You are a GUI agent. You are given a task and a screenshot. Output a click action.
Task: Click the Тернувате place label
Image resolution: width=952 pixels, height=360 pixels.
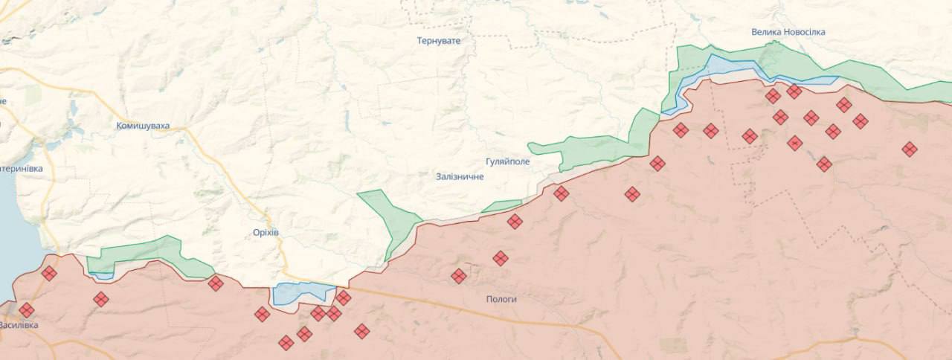[x=438, y=41]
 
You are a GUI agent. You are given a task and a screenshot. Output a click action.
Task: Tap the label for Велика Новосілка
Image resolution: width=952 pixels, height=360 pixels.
[x=788, y=32]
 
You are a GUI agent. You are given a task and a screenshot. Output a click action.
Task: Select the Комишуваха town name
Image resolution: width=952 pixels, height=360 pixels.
[x=143, y=126]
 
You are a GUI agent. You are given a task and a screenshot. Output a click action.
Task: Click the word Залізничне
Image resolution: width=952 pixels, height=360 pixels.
[x=460, y=176]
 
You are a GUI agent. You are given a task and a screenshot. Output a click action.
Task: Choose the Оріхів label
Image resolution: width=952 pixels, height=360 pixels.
[x=266, y=233]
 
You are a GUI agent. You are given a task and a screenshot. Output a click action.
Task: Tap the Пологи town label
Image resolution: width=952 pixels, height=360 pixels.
[x=501, y=299]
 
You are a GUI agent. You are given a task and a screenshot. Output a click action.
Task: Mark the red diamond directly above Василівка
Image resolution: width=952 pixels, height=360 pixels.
[x=27, y=309]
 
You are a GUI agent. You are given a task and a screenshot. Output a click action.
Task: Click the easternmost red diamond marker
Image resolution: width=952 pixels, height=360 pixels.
[x=909, y=149]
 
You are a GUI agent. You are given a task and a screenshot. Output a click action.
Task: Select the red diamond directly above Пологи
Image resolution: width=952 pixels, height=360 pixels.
[x=501, y=258]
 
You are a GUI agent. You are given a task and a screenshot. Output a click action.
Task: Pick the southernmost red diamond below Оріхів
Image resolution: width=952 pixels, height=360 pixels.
[x=286, y=342]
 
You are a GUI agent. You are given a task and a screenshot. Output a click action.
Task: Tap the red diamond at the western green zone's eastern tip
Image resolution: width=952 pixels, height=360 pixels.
[x=216, y=283]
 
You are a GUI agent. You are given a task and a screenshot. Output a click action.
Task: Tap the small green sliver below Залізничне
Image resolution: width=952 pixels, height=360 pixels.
[x=502, y=206]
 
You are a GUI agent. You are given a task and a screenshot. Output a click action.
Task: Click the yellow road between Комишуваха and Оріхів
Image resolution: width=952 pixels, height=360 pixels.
[x=216, y=171]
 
